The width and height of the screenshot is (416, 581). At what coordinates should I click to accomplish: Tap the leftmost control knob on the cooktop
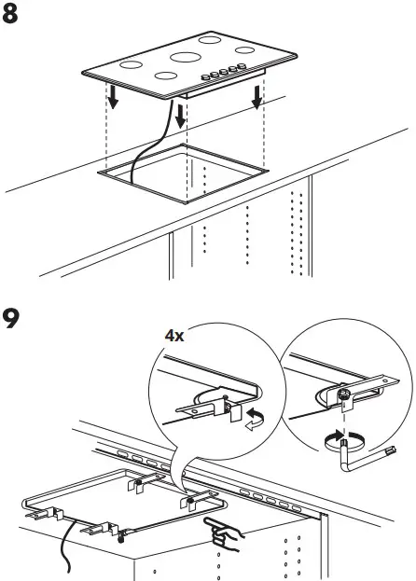[206, 78]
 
